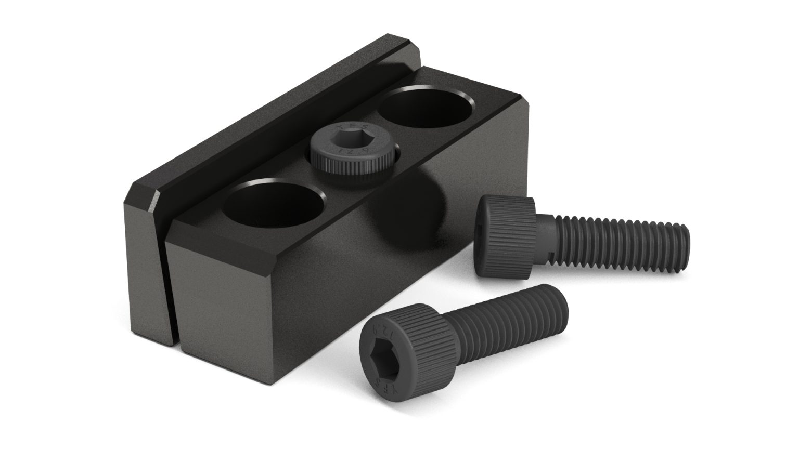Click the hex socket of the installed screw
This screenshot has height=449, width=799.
(352, 140)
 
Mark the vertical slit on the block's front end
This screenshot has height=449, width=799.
(168, 291)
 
